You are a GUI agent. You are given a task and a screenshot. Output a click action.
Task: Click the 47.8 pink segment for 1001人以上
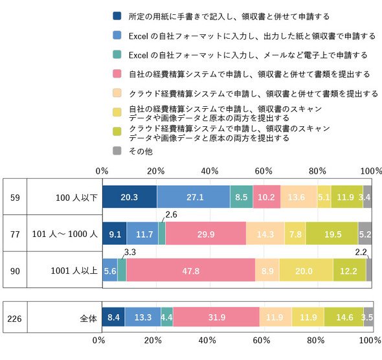tap(191, 270)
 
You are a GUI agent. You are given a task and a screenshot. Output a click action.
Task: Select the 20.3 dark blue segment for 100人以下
tap(129, 197)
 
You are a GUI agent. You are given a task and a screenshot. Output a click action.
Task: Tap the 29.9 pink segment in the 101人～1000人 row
tap(206, 233)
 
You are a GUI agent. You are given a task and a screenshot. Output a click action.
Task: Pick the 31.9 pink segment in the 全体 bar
tap(216, 317)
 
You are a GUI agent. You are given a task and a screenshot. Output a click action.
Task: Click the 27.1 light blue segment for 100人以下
tap(194, 197)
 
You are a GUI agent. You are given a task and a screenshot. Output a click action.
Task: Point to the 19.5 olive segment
tap(332, 233)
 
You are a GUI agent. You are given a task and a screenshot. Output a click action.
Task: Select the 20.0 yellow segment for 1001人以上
tap(306, 270)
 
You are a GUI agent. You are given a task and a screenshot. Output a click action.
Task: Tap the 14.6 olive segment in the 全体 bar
tap(344, 317)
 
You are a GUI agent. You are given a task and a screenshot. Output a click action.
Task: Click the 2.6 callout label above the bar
tap(172, 214)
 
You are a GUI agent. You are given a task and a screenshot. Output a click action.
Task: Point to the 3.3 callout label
tap(130, 252)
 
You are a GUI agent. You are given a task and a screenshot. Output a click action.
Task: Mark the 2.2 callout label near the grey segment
tap(361, 252)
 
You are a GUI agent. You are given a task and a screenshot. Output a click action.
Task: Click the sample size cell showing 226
tap(15, 319)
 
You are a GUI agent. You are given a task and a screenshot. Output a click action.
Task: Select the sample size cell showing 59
tap(15, 197)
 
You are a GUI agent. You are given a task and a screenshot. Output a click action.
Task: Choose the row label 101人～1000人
tap(65, 234)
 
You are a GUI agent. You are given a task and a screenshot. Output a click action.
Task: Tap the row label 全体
tap(89, 319)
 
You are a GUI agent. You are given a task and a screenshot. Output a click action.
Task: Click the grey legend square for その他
tap(117, 150)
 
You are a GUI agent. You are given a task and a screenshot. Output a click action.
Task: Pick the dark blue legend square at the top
tap(117, 16)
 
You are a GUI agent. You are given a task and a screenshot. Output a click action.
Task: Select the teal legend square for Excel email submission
tap(117, 54)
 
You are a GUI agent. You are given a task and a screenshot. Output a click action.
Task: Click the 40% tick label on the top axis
tap(210, 171)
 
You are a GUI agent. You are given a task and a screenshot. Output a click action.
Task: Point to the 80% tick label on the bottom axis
tap(315, 340)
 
